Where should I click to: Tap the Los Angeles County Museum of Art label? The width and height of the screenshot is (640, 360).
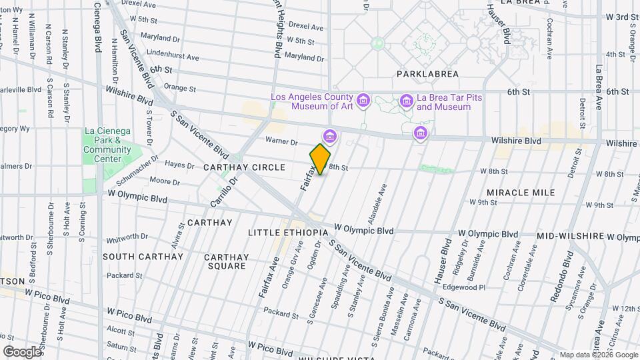[x=310, y=102]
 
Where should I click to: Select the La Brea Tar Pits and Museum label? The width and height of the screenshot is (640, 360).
[x=449, y=102]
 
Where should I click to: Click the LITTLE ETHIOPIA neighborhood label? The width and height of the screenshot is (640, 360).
[x=287, y=233]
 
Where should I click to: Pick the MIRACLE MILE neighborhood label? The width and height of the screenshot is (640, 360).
[x=521, y=193]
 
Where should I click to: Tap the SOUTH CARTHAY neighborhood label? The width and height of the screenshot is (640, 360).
[x=143, y=257]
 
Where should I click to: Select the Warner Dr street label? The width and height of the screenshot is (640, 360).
[x=281, y=141]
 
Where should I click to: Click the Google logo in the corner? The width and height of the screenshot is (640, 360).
[x=21, y=351]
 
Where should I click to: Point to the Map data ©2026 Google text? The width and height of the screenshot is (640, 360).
[x=598, y=355]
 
